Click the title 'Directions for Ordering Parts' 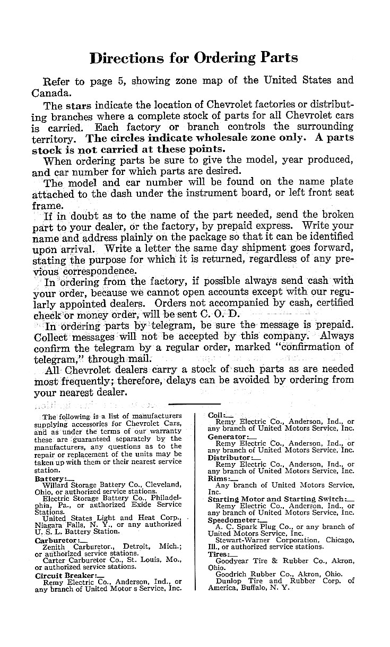coord(194,58)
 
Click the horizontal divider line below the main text coord(194,404)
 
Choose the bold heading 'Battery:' coord(50,478)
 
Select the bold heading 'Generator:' coord(227,436)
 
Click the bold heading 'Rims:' coord(216,478)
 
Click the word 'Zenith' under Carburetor coord(54,547)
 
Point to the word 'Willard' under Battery coord(56,484)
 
